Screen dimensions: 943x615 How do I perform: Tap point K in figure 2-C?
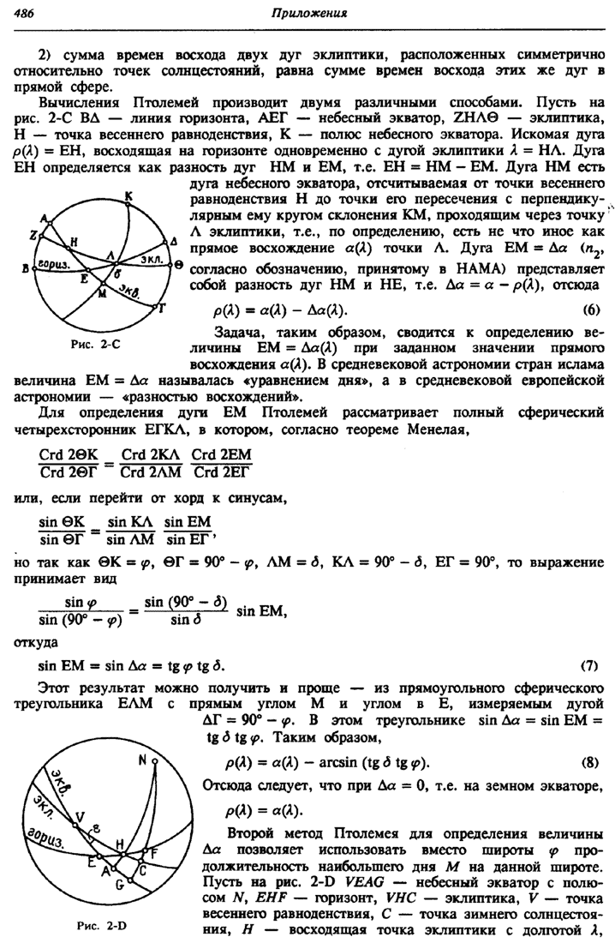tap(128, 196)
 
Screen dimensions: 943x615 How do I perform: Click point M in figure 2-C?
tap(103, 294)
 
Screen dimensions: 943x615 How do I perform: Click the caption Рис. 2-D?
tap(101, 927)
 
